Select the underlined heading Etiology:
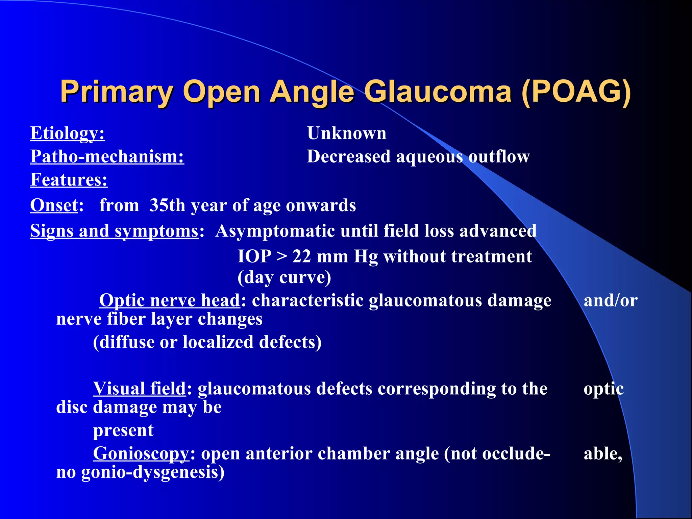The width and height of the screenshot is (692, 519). pos(68,133)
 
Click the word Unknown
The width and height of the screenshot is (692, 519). pos(347,133)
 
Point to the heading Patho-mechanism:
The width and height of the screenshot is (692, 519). pos(107,157)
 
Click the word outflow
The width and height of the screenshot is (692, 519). pos(499,157)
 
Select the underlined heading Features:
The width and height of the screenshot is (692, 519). pos(69,180)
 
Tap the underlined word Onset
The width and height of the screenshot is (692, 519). pos(54,205)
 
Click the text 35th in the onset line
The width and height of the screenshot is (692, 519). pos(167,205)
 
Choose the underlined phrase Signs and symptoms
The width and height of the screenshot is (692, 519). pos(114,231)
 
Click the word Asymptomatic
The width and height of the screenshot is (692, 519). pos(274,231)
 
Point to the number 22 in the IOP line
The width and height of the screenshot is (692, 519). pos(301,256)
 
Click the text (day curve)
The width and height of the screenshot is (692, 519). pos(284,278)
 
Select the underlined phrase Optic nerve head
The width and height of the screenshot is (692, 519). pos(169,300)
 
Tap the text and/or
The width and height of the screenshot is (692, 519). pos(611,300)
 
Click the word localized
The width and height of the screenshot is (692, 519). pos(218,342)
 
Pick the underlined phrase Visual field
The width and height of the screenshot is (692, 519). pos(140,389)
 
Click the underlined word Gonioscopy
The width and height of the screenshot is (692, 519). pos(141,453)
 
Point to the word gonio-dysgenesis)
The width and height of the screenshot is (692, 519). pos(153,472)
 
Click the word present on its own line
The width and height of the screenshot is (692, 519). pos(123,430)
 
